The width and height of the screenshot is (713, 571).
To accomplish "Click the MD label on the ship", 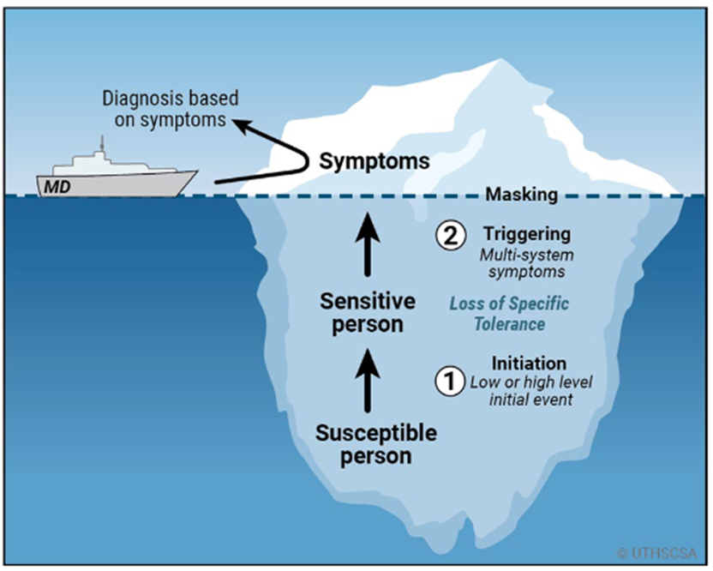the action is [x=57, y=187].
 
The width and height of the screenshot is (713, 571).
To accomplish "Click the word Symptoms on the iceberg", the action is [x=374, y=161].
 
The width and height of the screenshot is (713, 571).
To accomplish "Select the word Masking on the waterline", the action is [x=522, y=195].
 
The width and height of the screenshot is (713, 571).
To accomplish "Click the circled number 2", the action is [x=451, y=235].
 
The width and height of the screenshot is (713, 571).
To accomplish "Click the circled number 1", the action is [x=450, y=381].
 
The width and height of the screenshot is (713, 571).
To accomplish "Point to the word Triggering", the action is [x=527, y=234].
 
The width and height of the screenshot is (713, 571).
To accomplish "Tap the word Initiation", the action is [x=530, y=363].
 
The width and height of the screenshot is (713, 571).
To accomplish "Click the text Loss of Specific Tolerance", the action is [x=509, y=314].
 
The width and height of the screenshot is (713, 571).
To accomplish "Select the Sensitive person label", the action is [x=368, y=313].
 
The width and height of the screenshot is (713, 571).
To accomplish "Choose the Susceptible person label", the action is [x=376, y=444].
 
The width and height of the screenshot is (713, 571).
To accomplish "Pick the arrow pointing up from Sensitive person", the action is [x=368, y=244].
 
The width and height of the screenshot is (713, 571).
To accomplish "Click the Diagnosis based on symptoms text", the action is [x=170, y=109].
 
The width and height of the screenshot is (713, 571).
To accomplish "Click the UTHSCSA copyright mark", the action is [x=656, y=553].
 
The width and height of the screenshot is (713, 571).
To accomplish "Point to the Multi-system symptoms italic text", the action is [x=526, y=263].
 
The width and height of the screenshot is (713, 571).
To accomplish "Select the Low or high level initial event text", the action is [x=530, y=390].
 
